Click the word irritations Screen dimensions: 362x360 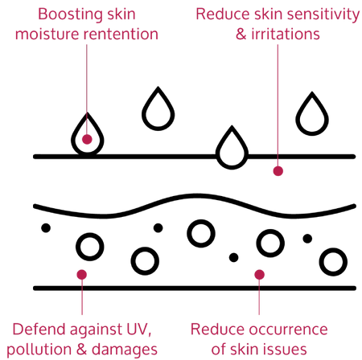[286, 35]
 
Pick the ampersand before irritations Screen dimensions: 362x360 [241, 35]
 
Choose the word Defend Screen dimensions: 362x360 [39, 329]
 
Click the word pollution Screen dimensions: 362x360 [39, 350]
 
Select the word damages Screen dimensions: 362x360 [125, 350]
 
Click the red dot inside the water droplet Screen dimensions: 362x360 [87, 139]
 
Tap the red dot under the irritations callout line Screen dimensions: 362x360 [278, 171]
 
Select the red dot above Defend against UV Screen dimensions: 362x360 [82, 275]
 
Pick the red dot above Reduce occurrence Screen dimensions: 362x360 [259, 275]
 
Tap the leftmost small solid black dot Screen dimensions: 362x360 [46, 228]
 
